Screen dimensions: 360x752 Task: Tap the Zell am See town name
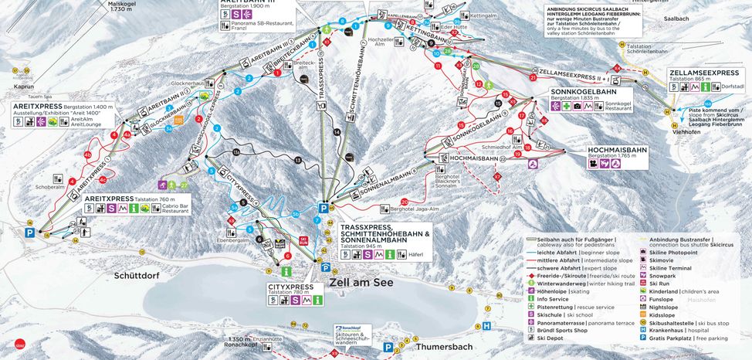point(361,283)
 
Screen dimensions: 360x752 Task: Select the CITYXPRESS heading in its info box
point(291,287)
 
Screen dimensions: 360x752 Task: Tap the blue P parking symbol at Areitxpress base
point(30,232)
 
